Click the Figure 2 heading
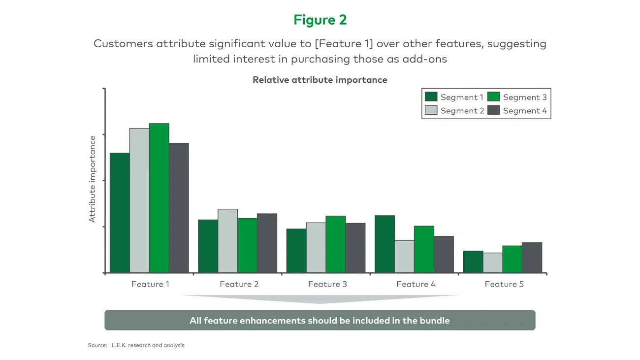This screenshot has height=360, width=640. [320, 20]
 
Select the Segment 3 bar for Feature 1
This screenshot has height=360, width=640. [159, 198]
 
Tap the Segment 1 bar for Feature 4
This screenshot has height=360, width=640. [384, 244]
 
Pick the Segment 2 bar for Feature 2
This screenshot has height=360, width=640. [227, 241]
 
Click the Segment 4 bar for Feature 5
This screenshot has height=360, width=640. [532, 258]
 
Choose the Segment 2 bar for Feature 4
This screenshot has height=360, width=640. [404, 257]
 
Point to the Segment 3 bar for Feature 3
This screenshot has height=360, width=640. [335, 244]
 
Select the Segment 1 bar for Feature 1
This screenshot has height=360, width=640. [120, 213]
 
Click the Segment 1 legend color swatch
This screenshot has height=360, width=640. [431, 97]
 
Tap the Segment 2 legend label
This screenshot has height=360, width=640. [462, 111]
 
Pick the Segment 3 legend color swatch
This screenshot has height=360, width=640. [493, 97]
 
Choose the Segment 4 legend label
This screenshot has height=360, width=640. [525, 111]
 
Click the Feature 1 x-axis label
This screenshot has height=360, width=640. [150, 284]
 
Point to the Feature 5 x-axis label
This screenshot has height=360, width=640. [504, 284]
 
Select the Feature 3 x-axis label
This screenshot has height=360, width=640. [327, 284]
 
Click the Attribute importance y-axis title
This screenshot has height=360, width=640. [93, 179]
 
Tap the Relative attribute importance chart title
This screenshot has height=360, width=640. [320, 80]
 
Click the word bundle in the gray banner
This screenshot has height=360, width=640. [434, 321]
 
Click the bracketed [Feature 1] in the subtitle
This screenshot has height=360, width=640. [344, 43]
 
